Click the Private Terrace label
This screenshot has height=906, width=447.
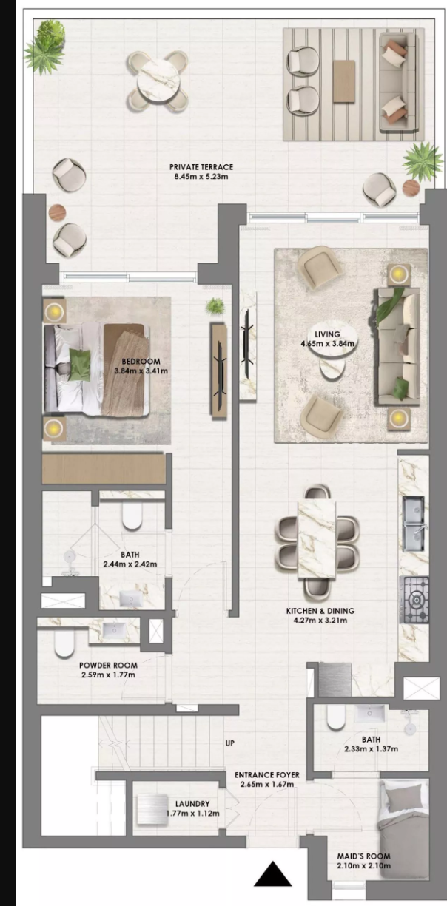pyautogui.click(x=201, y=166)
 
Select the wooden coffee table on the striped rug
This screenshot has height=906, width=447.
pyautogui.click(x=344, y=81)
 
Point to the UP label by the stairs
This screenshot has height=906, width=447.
pyautogui.click(x=229, y=743)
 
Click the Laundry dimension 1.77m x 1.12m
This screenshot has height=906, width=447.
pyautogui.click(x=192, y=814)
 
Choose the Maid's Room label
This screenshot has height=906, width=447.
pyautogui.click(x=363, y=856)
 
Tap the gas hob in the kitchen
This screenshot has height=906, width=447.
pyautogui.click(x=414, y=600)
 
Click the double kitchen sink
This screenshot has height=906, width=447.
pyautogui.click(x=414, y=524)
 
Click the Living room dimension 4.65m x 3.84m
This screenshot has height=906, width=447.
pyautogui.click(x=328, y=344)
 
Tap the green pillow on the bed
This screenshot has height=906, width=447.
pyautogui.click(x=79, y=365)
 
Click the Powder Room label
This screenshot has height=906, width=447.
pyautogui.click(x=108, y=665)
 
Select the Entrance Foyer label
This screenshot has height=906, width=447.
pyautogui.click(x=267, y=775)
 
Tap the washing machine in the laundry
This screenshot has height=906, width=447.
pyautogui.click(x=152, y=809)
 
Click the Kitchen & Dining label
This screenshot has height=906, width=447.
pyautogui.click(x=320, y=611)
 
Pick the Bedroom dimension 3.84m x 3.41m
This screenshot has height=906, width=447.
pyautogui.click(x=141, y=371)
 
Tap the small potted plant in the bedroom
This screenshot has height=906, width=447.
pyautogui.click(x=215, y=306)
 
